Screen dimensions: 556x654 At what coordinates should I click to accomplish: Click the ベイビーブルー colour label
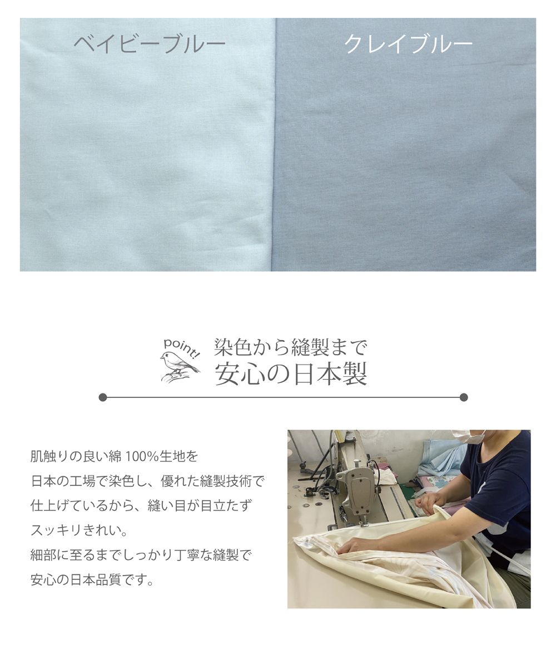(x=150, y=44)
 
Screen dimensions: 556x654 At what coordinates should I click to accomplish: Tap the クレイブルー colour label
(x=409, y=44)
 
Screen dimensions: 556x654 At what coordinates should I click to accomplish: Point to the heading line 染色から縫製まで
(x=291, y=347)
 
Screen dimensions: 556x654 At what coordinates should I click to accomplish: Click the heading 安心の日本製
(x=291, y=373)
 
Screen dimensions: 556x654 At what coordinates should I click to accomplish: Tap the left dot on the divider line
(x=103, y=397)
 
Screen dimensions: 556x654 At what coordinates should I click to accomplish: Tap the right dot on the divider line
(x=464, y=397)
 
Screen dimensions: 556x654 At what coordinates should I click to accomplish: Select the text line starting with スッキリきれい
(x=79, y=531)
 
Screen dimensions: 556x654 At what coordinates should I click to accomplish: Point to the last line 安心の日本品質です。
(x=92, y=580)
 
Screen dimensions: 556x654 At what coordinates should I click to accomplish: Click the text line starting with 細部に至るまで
(x=141, y=555)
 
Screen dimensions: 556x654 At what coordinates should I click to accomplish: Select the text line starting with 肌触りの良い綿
(x=114, y=457)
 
